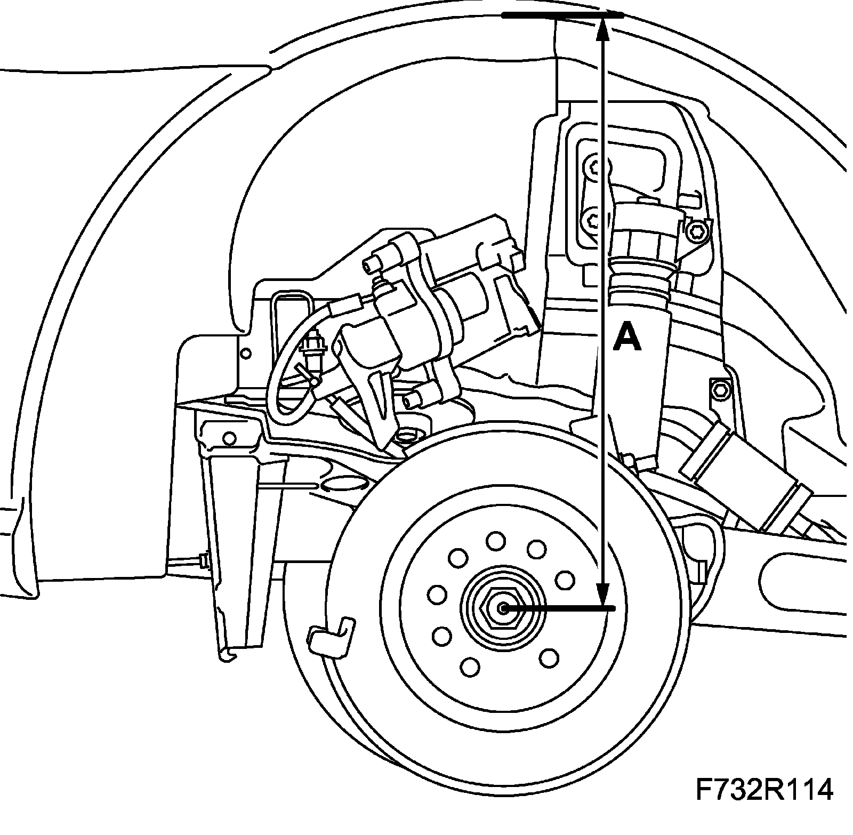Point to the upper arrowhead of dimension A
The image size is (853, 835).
tap(603, 29)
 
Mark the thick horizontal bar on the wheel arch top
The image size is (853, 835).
tap(562, 16)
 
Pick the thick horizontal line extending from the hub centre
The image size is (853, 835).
tap(560, 608)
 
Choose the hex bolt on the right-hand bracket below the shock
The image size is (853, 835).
tap(718, 391)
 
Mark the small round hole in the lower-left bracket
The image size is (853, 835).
tap(230, 438)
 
